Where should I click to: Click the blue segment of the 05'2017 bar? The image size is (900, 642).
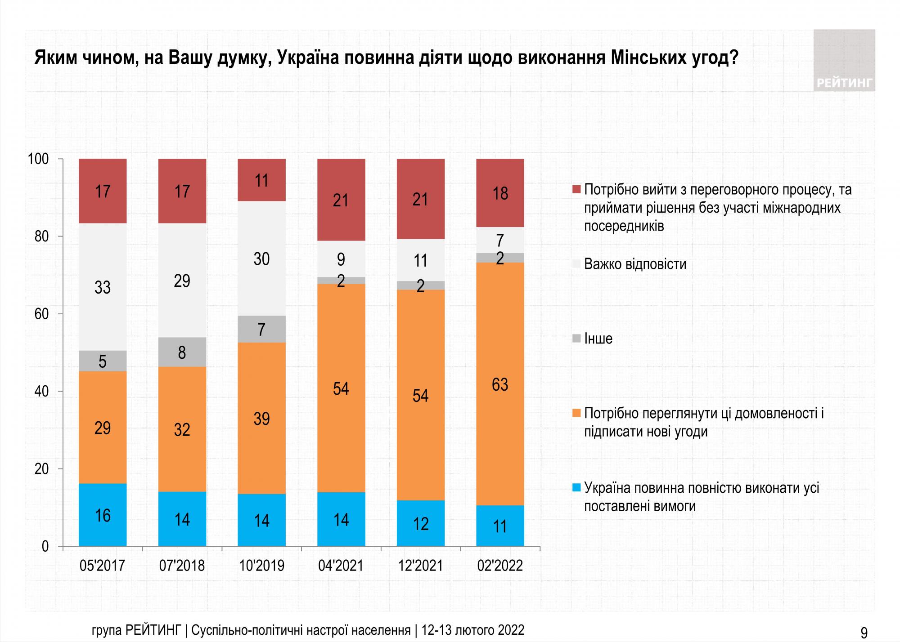[x=103, y=515]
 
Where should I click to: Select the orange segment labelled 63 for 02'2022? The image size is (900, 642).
[x=500, y=384]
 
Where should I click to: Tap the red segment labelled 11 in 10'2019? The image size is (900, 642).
[x=261, y=180]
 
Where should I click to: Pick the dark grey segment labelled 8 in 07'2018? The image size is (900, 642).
[x=182, y=352]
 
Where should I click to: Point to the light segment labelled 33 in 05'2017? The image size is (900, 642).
[x=103, y=287]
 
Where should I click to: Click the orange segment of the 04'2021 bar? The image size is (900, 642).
[x=341, y=388]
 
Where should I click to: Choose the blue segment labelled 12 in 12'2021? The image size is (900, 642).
[x=420, y=523]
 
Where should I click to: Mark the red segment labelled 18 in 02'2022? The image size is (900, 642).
[x=500, y=193]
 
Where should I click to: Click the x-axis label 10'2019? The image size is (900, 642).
[x=261, y=565]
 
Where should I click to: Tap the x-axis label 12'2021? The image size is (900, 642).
[x=420, y=565]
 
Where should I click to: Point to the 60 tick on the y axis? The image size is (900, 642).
[x=41, y=314]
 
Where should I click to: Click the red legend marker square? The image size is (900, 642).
[x=577, y=190]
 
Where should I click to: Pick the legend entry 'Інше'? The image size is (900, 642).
[x=598, y=339]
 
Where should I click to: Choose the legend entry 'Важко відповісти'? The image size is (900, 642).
[x=635, y=264]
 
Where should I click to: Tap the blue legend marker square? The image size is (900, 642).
[x=577, y=488]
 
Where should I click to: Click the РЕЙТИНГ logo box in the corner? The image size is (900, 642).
[x=844, y=60]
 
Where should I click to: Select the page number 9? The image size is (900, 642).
[x=864, y=633]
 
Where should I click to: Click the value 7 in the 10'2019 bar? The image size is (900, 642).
[x=261, y=330]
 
